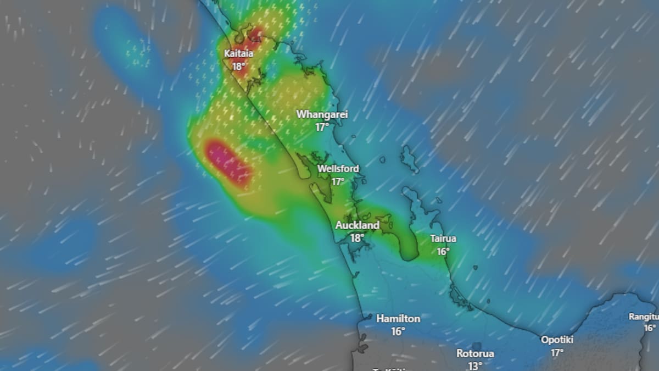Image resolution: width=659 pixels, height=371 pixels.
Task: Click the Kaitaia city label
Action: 238,54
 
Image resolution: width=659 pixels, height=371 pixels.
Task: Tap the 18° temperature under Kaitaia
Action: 238,67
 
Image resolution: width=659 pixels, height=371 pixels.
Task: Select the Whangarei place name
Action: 322,114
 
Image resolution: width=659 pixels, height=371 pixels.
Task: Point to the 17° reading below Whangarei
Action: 322,127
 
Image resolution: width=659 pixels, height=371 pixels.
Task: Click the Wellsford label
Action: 338,169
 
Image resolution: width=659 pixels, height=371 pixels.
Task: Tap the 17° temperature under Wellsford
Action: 338,181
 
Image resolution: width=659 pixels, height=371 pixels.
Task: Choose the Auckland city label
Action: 357,225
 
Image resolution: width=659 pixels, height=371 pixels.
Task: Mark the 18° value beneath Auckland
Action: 357,238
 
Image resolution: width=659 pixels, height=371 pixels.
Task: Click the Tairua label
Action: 443,239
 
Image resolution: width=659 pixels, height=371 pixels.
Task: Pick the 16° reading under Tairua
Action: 443,251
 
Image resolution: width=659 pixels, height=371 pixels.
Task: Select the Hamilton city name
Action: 398,319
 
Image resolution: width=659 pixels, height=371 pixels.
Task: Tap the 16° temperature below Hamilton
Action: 398,331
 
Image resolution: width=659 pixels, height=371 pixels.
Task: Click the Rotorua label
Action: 475,353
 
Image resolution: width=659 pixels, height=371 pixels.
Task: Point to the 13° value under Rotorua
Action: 475,366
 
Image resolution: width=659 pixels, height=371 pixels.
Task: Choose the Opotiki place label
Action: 557,340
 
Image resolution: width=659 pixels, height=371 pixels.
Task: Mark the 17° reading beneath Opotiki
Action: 557,352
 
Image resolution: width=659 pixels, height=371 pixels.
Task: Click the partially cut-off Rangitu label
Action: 644,317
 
